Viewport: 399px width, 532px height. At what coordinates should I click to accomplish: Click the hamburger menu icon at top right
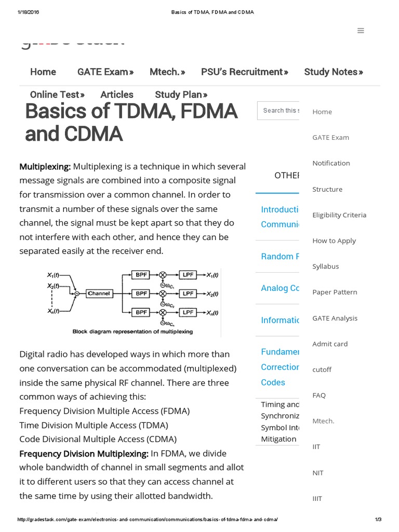(361, 31)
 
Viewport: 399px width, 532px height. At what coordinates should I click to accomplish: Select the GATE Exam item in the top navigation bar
(105, 72)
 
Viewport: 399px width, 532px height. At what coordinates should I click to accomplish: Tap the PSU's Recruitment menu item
(244, 72)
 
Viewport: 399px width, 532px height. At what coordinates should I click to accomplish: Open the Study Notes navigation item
(333, 72)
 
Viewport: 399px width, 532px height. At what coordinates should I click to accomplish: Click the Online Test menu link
(57, 95)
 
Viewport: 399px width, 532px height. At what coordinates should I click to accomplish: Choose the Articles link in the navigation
(117, 95)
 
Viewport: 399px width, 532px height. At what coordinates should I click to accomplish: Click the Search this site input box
(279, 111)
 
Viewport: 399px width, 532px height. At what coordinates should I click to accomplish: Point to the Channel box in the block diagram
(99, 294)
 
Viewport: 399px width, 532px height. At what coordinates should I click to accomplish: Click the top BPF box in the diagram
(141, 275)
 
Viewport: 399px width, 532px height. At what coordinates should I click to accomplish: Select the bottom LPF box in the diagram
(188, 312)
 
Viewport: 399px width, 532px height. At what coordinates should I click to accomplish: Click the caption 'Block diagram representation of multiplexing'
(132, 331)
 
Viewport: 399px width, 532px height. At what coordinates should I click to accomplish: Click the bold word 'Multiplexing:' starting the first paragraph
(45, 167)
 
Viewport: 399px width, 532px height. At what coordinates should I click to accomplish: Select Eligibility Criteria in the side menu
(339, 215)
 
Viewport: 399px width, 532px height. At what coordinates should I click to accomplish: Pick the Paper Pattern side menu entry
(335, 292)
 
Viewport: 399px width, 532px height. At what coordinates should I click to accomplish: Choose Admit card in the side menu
(330, 343)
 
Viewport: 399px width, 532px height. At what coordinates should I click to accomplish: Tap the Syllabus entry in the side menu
(326, 266)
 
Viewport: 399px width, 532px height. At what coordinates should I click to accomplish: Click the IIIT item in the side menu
(317, 498)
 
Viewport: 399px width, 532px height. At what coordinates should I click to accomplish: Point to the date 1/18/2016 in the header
(29, 12)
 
